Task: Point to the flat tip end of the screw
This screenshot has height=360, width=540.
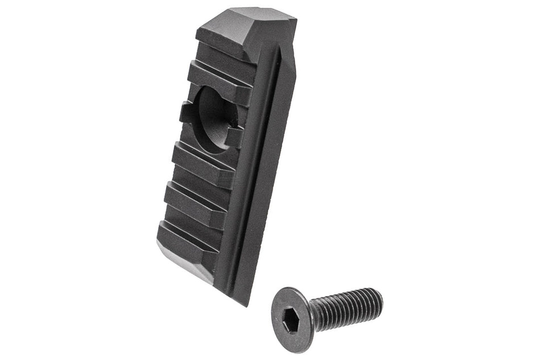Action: [x=380, y=298]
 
